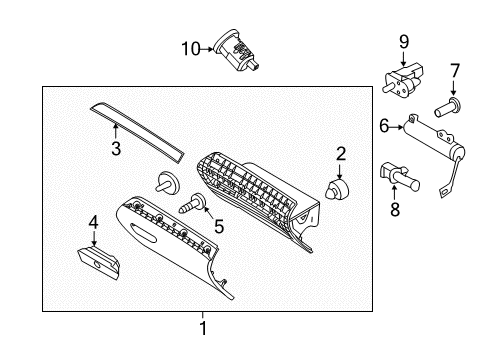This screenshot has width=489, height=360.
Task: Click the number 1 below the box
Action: pyautogui.click(x=203, y=328)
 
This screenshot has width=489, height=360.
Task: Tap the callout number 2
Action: pyautogui.click(x=341, y=153)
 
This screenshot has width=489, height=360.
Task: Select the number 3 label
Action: pyautogui.click(x=116, y=150)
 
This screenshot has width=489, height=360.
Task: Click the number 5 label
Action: pyautogui.click(x=218, y=227)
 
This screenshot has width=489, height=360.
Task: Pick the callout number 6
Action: pyautogui.click(x=383, y=126)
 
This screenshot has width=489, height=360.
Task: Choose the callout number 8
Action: pyautogui.click(x=392, y=208)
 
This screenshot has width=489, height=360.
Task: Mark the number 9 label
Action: pyautogui.click(x=404, y=41)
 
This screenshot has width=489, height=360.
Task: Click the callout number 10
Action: pyautogui.click(x=190, y=48)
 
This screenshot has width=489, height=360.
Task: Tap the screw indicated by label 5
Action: pyautogui.click(x=190, y=208)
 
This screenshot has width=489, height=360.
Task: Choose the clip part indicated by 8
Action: pyautogui.click(x=400, y=177)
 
